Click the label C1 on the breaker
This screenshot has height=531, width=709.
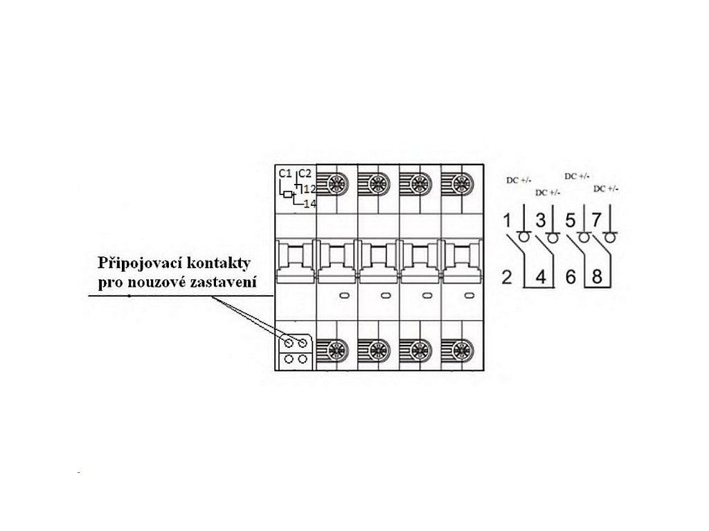pos(284,174)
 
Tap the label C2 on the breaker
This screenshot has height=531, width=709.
pos(305,174)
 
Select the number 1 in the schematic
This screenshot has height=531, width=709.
pos(507,222)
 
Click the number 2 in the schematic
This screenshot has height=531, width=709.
pos(507,278)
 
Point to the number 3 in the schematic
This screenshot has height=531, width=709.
pos(541,222)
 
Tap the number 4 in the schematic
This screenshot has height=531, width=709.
pos(541,278)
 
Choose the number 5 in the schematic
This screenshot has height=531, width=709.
pos(571,222)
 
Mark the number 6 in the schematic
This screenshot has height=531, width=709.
pos(571,278)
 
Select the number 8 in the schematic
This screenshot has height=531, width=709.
pos(597,278)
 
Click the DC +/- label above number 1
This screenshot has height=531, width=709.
pos(519,180)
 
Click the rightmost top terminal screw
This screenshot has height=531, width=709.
pos(458,184)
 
